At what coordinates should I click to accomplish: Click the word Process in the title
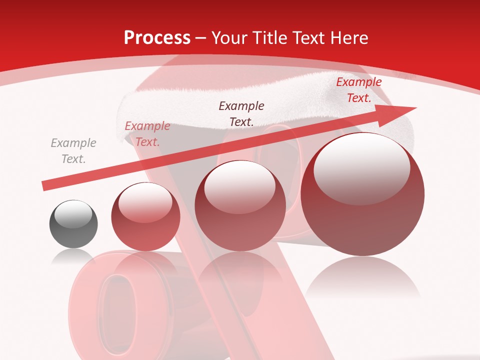pyautogui.click(x=157, y=38)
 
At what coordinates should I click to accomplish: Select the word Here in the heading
pyautogui.click(x=349, y=38)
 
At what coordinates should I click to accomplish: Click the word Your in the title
pyautogui.click(x=229, y=38)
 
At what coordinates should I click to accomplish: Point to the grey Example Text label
pyautogui.click(x=73, y=151)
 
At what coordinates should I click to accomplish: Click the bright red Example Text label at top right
pyautogui.click(x=358, y=90)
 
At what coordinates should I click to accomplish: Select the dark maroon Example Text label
pyautogui.click(x=241, y=113)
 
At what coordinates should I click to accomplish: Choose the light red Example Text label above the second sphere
pyautogui.click(x=147, y=134)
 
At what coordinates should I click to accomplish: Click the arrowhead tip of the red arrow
pyautogui.click(x=415, y=108)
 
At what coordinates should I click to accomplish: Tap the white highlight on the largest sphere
pyautogui.click(x=361, y=170)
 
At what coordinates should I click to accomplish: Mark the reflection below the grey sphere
pyautogui.click(x=73, y=257)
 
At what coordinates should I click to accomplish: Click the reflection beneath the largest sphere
pyautogui.click(x=362, y=277)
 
